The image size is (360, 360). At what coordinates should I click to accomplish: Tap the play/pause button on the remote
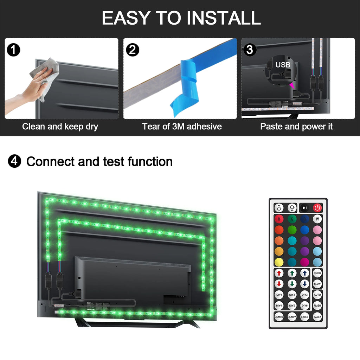(304, 208)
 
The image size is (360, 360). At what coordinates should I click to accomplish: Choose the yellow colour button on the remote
(279, 262)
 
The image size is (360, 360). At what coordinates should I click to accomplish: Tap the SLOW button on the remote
(317, 284)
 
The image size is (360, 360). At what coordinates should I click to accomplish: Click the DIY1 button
(279, 295)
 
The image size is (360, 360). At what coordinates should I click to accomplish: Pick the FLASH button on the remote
(317, 306)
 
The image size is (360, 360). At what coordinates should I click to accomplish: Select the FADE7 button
(317, 317)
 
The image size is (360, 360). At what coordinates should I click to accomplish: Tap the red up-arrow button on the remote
(279, 273)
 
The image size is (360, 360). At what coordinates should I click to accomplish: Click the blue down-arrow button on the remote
(304, 284)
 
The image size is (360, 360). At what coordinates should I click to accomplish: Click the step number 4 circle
(14, 161)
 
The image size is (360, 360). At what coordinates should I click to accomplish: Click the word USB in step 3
(283, 65)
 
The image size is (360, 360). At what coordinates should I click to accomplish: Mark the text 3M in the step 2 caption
(178, 127)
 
